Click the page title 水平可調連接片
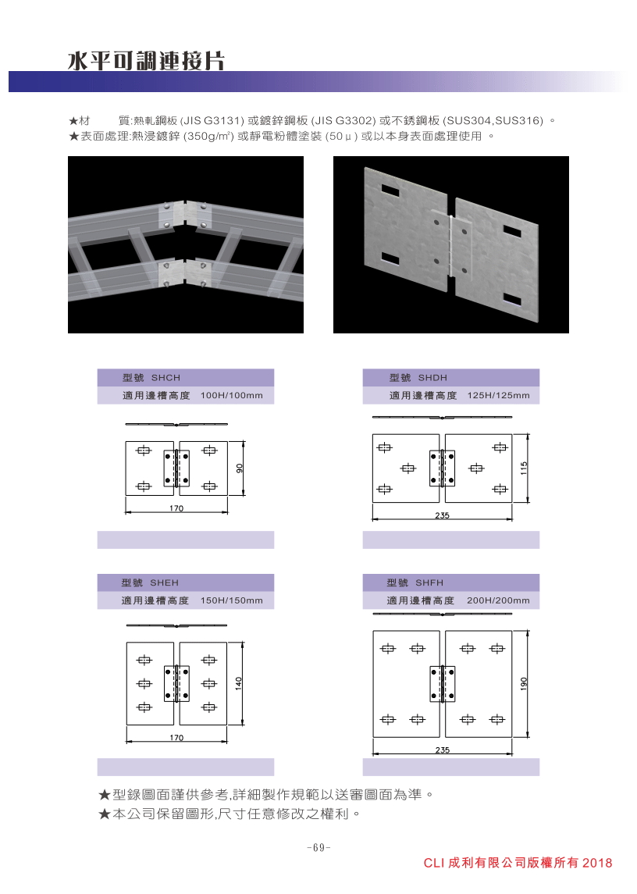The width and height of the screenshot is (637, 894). coord(146,60)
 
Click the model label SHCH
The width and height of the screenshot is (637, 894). coord(165,378)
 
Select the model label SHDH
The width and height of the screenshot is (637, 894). coord(432,378)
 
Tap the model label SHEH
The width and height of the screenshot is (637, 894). coord(164,582)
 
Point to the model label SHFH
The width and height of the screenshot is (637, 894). coord(429,582)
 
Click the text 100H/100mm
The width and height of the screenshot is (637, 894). coord(232,396)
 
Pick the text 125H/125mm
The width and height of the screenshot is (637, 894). coord(498,396)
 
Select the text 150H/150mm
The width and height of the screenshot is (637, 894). coord(232,600)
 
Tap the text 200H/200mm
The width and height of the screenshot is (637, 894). coord(498,600)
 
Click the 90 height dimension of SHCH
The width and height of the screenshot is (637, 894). coord(240,468)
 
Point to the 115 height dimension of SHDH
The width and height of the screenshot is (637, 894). coord(524,468)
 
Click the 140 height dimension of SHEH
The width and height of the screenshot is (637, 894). coord(239,682)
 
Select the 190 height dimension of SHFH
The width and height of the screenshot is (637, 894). coord(524,684)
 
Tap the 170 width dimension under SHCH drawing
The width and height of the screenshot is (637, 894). coord(176,508)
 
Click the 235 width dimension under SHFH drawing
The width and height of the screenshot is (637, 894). coord(443,750)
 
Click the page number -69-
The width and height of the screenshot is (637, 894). coord(318,848)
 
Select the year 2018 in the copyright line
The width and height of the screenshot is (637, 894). coord(597,864)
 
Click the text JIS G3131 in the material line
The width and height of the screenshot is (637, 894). coord(214,121)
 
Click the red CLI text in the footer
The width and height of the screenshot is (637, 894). coord(433,864)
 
